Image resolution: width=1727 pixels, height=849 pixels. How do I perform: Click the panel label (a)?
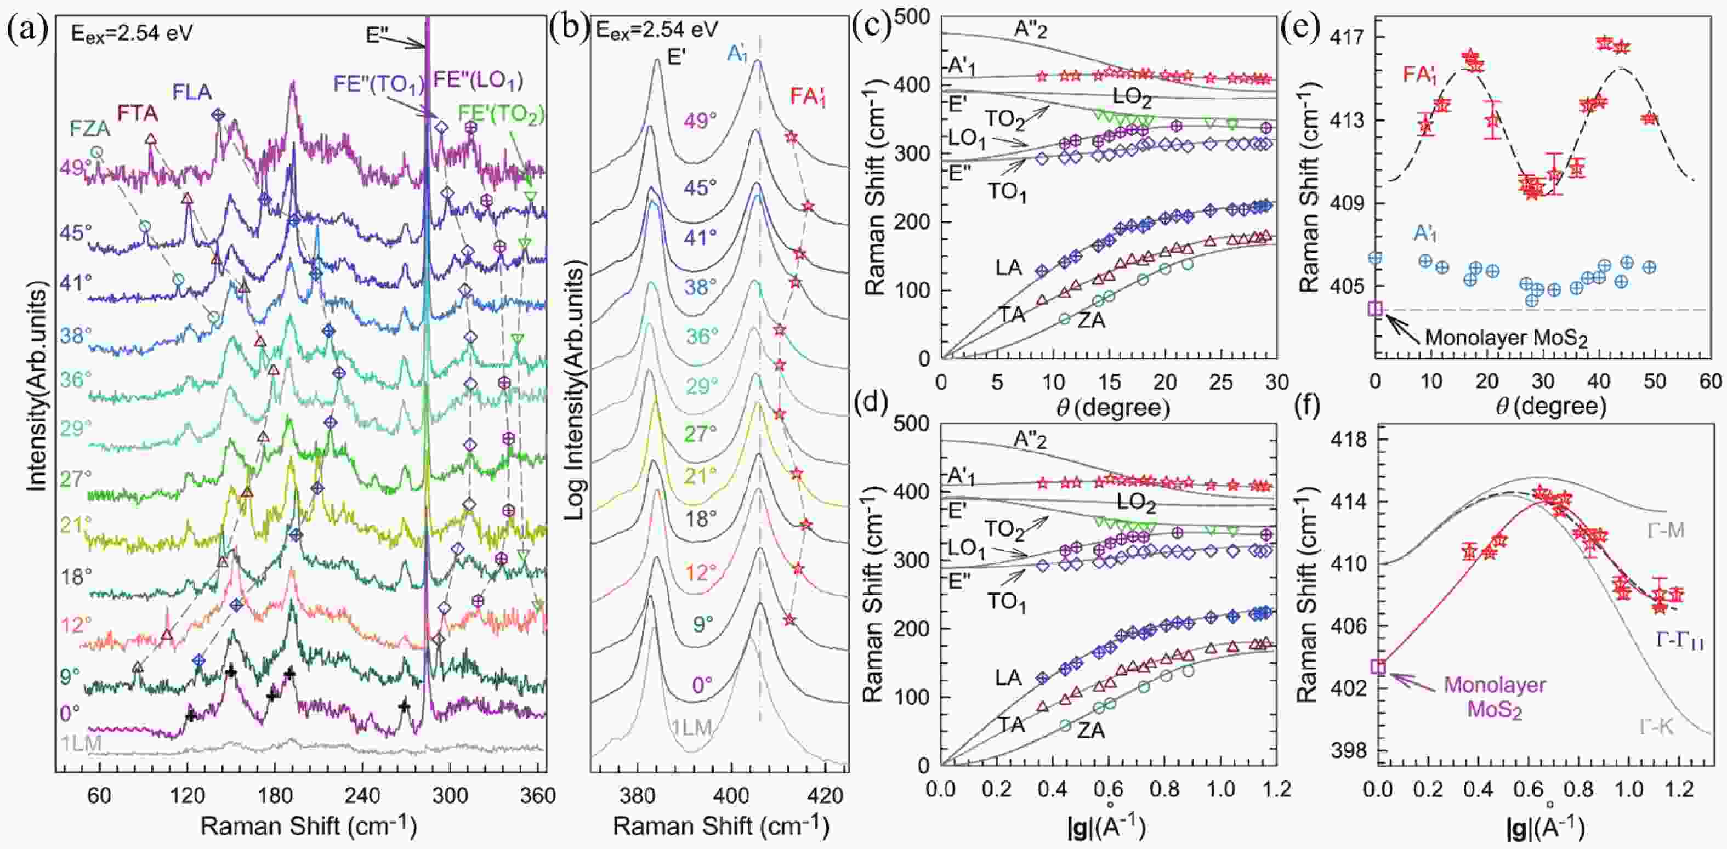click(x=27, y=30)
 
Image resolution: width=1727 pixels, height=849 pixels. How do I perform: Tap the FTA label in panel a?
click(x=138, y=112)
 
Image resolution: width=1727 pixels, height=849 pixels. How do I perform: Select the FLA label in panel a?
click(x=192, y=92)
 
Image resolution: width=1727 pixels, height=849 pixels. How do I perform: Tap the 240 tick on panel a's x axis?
click(x=362, y=795)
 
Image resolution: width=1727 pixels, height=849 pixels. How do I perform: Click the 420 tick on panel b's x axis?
click(x=825, y=795)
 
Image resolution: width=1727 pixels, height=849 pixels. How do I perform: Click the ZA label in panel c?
click(x=1092, y=321)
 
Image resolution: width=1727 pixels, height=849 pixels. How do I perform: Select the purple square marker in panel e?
click(x=1375, y=308)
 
